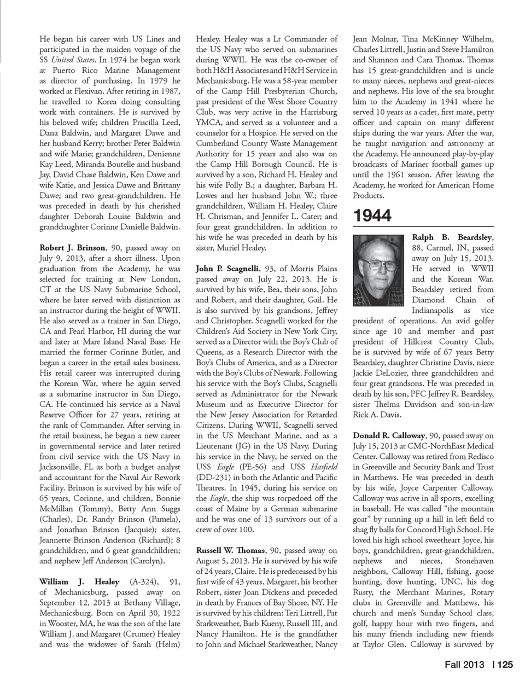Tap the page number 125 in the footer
pos(505,665)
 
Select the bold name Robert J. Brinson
pos(73,248)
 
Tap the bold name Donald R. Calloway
pos(389,435)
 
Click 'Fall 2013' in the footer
pos(463,665)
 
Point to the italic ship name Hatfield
pos(323,467)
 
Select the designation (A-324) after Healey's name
pos(143,581)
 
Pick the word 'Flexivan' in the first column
pos(88,91)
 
